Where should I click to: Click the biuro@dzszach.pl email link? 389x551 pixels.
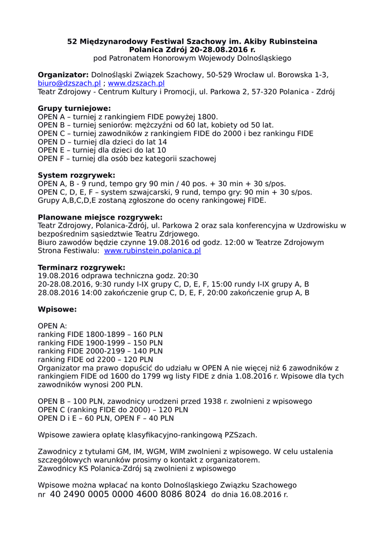click(x=69, y=83)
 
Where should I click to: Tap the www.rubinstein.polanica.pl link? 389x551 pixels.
click(x=153, y=251)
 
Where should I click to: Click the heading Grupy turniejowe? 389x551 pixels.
click(x=74, y=108)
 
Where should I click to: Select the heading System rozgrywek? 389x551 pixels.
click(x=76, y=175)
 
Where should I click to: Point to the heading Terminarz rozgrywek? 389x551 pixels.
click(x=81, y=267)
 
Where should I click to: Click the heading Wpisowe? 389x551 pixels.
click(x=57, y=309)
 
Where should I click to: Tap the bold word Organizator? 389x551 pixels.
click(x=63, y=75)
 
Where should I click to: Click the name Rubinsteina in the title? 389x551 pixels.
click(x=291, y=41)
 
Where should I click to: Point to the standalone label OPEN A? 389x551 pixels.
click(x=53, y=326)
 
